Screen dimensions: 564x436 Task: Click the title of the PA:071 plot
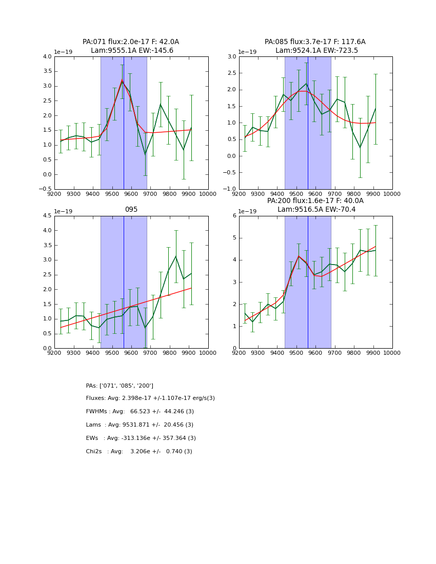[131, 46]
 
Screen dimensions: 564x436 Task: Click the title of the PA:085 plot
[315, 46]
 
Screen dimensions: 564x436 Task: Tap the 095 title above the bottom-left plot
[131, 209]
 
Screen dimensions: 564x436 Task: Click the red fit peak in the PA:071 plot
[122, 80]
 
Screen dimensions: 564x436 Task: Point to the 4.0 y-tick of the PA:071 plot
[47, 56]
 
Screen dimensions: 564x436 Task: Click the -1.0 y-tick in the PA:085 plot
[230, 189]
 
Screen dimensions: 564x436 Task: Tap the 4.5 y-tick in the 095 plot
[47, 216]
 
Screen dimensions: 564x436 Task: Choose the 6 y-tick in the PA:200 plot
[233, 216]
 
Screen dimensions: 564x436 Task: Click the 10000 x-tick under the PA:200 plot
[392, 352]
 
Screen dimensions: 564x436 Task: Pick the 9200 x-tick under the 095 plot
[54, 352]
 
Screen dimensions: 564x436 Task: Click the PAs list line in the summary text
[120, 386]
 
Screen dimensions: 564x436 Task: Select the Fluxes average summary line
[150, 398]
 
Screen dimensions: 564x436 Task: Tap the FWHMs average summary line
[140, 412]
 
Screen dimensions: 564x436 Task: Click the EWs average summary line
[141, 438]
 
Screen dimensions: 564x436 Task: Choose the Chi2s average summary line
[139, 452]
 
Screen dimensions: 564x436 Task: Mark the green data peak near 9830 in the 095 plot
[176, 256]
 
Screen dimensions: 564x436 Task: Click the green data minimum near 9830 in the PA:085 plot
[360, 148]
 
